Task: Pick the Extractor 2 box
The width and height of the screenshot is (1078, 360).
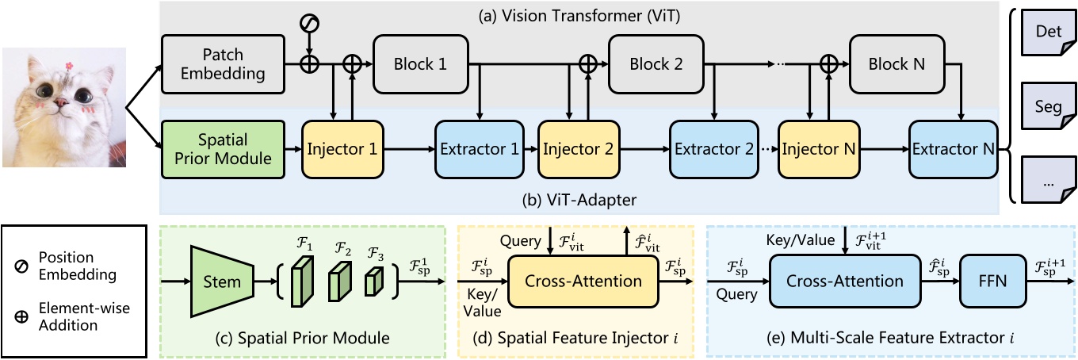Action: tap(711, 149)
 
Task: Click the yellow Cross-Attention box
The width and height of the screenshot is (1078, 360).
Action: tap(583, 281)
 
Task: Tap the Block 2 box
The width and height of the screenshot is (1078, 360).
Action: tap(657, 64)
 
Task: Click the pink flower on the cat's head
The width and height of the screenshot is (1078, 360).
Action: tap(68, 62)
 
